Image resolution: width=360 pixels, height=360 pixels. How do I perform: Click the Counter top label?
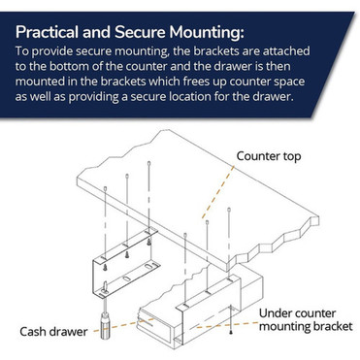(277, 155)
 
